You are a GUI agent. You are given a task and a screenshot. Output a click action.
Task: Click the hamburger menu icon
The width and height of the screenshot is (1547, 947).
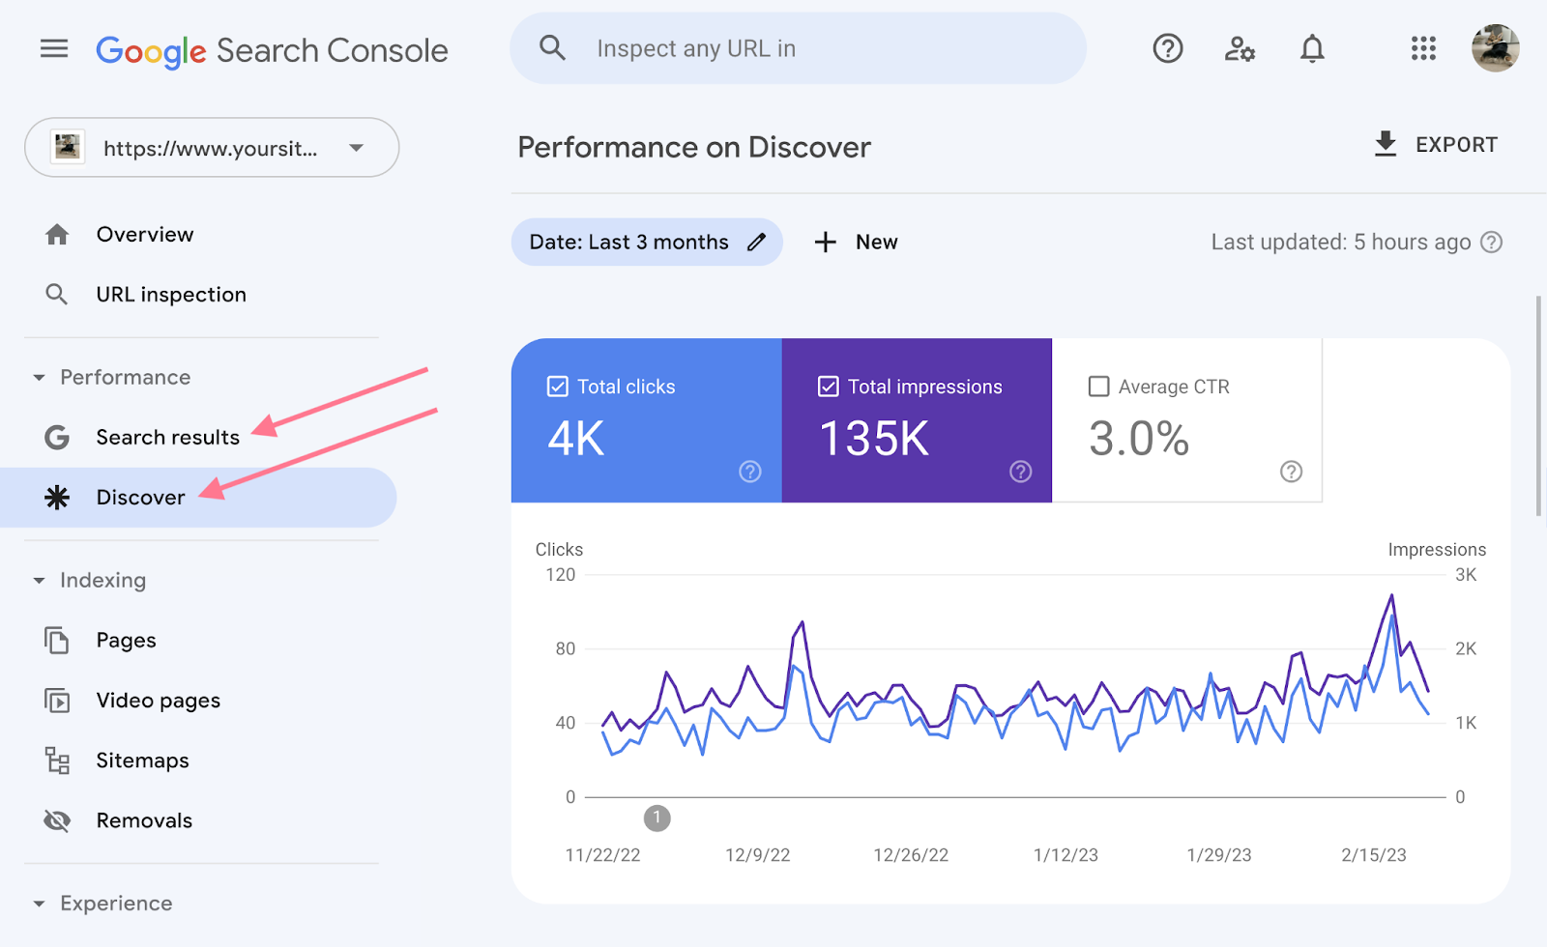[x=54, y=48]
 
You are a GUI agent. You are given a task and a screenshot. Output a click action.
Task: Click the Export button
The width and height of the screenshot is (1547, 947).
[x=1437, y=145]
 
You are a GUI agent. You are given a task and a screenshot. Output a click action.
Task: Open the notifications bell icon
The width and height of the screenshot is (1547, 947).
[x=1312, y=48]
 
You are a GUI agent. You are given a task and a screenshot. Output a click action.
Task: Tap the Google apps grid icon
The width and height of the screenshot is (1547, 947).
[x=1423, y=48]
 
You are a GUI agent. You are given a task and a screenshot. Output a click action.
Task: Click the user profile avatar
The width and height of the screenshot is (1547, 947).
[x=1495, y=48]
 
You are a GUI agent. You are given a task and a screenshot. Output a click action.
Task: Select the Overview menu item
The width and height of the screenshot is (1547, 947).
[x=145, y=235]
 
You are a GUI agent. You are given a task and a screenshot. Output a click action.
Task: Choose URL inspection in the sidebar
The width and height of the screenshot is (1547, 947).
[x=171, y=295]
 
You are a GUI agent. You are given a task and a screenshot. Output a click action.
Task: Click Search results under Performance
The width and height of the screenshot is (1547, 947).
[x=167, y=438]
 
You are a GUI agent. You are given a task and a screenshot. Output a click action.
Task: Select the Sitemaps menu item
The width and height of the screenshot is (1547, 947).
[x=142, y=760]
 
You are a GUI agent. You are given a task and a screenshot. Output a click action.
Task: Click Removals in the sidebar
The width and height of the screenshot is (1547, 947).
[x=144, y=820]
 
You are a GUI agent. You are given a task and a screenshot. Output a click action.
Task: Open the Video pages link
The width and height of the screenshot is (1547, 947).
[x=158, y=701]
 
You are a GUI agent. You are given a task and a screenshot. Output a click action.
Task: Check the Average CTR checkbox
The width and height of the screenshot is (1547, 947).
[x=1098, y=387]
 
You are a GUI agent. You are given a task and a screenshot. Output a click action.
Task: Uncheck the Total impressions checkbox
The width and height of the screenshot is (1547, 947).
[x=829, y=387]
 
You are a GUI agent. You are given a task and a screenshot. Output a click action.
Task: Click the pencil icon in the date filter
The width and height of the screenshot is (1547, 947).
[x=757, y=243]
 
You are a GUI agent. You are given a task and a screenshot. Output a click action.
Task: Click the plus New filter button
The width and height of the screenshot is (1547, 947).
[x=857, y=243]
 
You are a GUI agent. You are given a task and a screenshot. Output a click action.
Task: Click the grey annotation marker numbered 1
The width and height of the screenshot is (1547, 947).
[x=657, y=818]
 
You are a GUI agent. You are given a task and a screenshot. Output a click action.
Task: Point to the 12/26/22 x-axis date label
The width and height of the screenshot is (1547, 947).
[x=911, y=855]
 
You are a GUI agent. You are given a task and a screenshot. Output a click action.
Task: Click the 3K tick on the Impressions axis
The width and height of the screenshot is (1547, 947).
[x=1466, y=575]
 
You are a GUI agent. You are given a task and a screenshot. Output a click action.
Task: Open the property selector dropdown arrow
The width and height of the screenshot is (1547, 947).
[x=357, y=148]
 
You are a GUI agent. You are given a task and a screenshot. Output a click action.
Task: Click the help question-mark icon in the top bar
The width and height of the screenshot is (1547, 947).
[x=1168, y=48]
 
